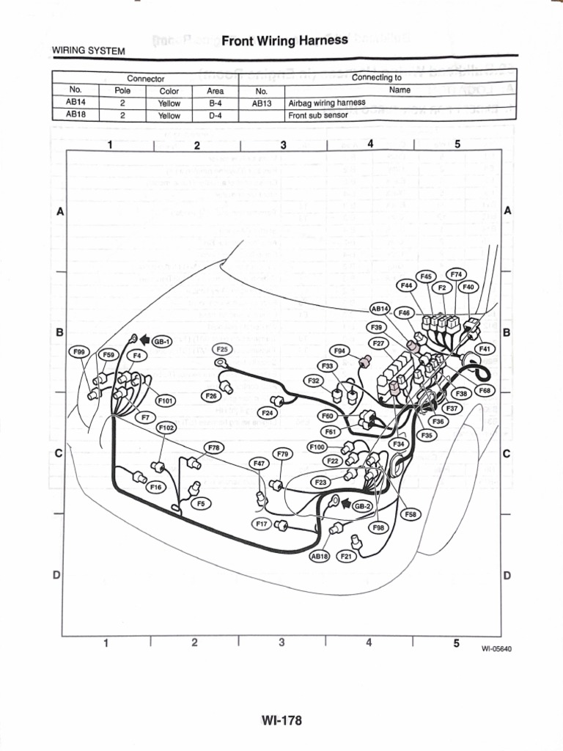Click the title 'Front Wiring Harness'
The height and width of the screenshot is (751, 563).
(x=284, y=41)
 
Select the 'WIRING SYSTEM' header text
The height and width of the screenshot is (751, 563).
(x=88, y=51)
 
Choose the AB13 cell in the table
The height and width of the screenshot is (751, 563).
(x=262, y=103)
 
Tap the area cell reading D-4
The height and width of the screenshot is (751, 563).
(x=215, y=115)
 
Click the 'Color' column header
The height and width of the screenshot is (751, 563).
(x=169, y=91)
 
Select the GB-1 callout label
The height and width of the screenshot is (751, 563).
(x=161, y=342)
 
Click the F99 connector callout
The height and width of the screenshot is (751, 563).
(x=80, y=353)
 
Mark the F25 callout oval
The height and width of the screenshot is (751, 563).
(x=223, y=348)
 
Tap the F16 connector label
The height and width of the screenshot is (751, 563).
(x=155, y=486)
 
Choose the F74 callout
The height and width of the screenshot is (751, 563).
(x=455, y=274)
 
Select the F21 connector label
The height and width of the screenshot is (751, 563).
(x=347, y=557)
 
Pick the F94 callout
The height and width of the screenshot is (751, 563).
(x=339, y=351)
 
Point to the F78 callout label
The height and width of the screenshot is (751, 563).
(x=213, y=447)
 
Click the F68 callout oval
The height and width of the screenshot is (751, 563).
(x=485, y=391)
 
